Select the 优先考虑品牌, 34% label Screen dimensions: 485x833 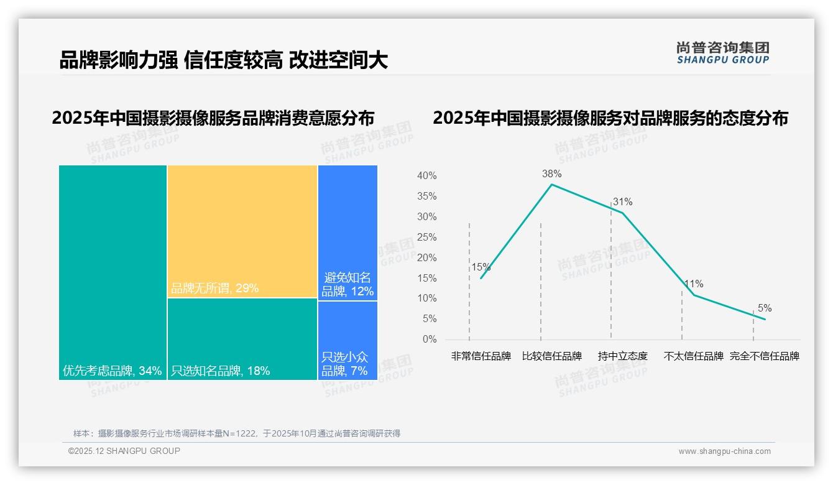(112, 371)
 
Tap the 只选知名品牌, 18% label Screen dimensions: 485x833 (221, 371)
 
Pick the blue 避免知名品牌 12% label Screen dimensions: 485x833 (347, 284)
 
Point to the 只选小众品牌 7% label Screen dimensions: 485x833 (345, 364)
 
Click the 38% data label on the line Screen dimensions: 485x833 (551, 174)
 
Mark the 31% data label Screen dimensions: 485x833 (622, 202)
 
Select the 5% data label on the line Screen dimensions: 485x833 (764, 308)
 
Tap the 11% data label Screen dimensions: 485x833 (694, 284)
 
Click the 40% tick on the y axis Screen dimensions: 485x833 (426, 176)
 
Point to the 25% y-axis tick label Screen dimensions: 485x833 (426, 238)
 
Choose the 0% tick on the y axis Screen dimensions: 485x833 (430, 339)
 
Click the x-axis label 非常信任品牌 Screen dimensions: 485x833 (481, 356)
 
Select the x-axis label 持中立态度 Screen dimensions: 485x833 (622, 356)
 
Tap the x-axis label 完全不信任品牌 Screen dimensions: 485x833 (764, 356)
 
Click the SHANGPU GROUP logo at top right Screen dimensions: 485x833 (723, 53)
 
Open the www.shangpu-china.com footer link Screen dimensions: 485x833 (724, 451)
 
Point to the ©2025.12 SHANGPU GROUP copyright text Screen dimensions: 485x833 (124, 451)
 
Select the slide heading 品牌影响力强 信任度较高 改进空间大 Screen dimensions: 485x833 (224, 60)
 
